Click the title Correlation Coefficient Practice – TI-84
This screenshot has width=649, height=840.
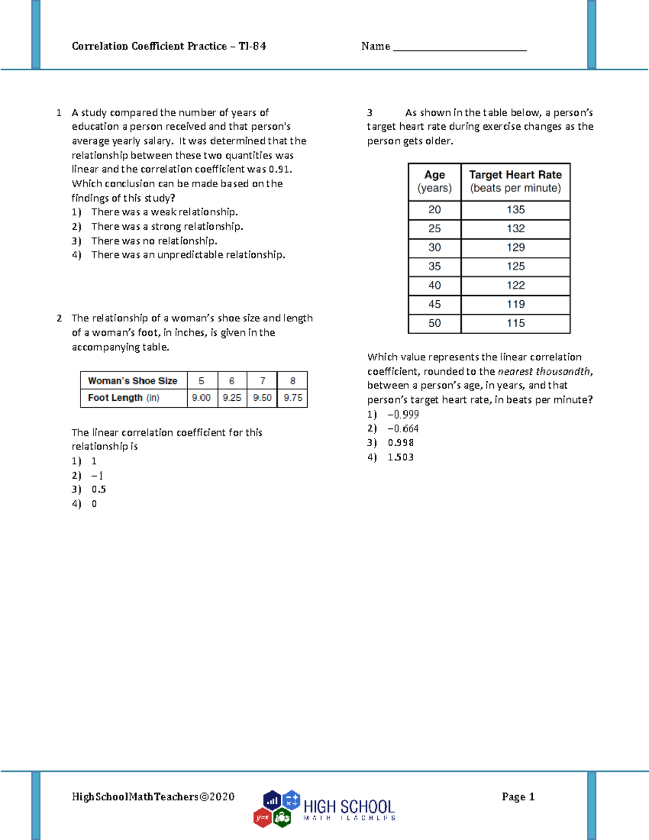click(x=169, y=46)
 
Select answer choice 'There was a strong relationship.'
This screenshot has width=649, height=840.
click(x=167, y=226)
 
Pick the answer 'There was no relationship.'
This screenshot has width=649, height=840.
click(x=154, y=241)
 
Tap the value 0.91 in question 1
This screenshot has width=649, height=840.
click(x=280, y=169)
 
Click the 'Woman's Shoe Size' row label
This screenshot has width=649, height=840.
click(x=133, y=381)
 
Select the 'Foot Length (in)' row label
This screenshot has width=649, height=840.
click(x=123, y=398)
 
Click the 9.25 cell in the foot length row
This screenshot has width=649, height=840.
click(x=232, y=398)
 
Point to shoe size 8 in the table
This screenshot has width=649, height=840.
click(x=293, y=381)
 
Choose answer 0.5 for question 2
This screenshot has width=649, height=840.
click(x=98, y=490)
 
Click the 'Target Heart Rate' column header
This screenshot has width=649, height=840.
click(x=515, y=181)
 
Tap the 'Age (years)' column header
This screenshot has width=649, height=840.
click(x=434, y=181)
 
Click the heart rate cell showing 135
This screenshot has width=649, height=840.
click(x=515, y=209)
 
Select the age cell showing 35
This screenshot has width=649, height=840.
click(x=434, y=266)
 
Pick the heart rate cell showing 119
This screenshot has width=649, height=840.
click(x=515, y=304)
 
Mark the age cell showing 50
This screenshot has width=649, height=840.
click(x=434, y=323)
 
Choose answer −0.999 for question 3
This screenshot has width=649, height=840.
click(x=403, y=414)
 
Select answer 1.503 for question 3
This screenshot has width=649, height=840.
click(x=400, y=457)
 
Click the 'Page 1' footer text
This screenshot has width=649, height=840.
click(x=518, y=796)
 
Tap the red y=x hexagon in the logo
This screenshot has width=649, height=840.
click(x=262, y=817)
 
